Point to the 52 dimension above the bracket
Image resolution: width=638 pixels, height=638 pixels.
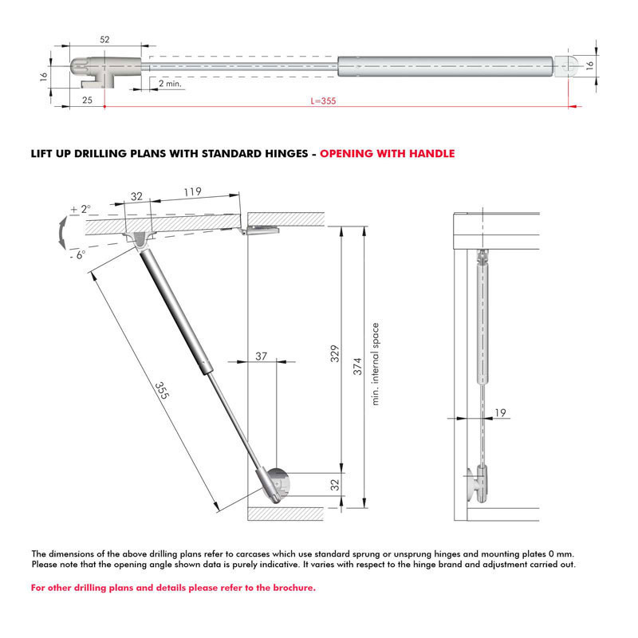pos(105,39)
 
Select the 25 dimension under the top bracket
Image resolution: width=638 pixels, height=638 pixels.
pos(86,100)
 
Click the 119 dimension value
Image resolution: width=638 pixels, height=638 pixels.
pos(191,191)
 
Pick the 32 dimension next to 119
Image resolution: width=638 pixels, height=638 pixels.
pos(136,196)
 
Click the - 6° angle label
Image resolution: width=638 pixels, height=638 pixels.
pos(78,254)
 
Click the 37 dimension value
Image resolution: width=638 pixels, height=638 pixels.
pos(261,356)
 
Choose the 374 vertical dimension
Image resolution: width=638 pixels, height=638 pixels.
pos(358,366)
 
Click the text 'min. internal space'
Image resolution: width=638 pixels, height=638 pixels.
pos(375,364)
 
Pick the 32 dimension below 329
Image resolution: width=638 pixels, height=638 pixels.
pos(336,483)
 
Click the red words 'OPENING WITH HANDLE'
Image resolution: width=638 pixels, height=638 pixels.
pos(387,153)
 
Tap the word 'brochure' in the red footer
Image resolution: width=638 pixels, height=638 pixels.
pos(289,588)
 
